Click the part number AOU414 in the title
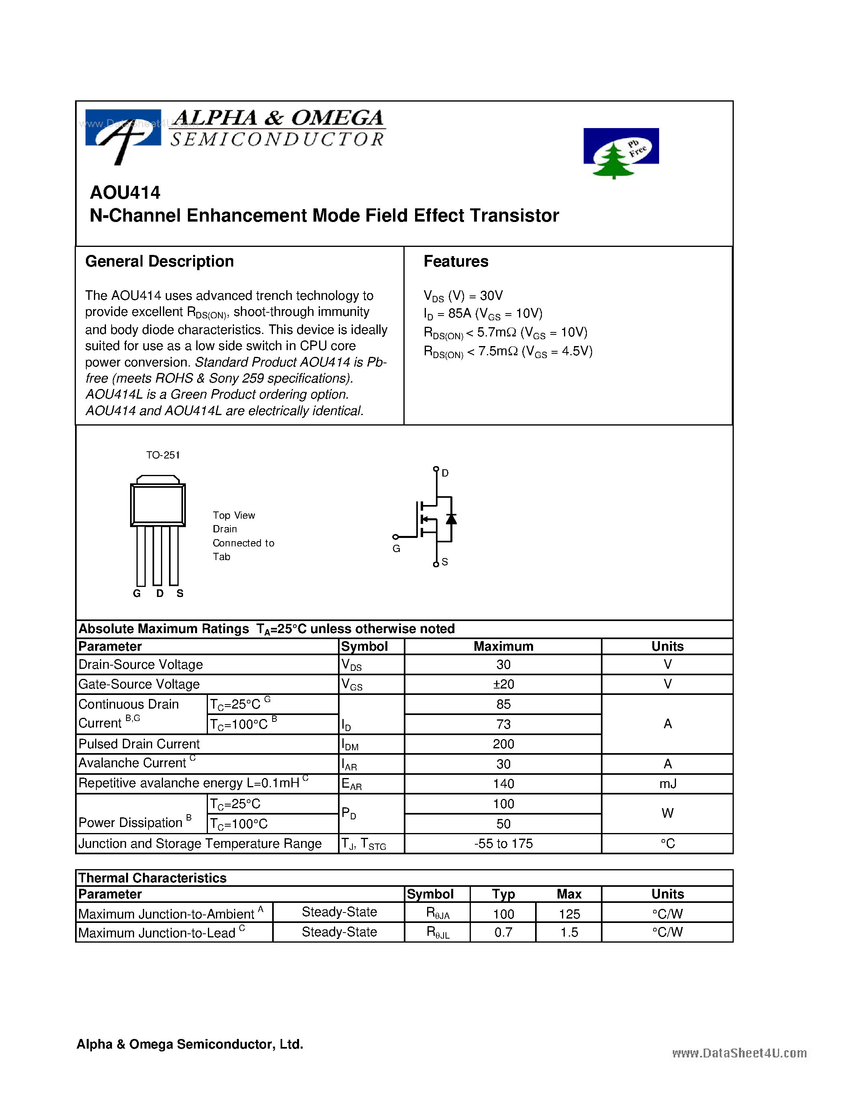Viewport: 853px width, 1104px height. coord(125,193)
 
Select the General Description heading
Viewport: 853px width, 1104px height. coord(159,261)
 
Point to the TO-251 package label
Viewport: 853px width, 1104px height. coord(163,455)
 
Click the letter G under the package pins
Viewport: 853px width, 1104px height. coord(136,593)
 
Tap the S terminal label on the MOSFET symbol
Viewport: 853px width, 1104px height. coord(445,562)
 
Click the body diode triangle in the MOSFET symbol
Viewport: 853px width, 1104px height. coord(451,519)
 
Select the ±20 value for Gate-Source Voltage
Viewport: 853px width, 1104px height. coord(503,684)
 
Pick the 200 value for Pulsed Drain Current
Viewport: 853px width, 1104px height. coord(503,744)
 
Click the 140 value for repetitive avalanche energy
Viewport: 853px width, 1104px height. coord(503,784)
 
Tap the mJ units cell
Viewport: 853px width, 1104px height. coord(667,784)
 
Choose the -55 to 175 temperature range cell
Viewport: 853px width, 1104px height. coord(503,844)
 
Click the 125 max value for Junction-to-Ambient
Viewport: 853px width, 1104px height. coord(569,914)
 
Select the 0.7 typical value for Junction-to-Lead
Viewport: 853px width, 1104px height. coord(503,933)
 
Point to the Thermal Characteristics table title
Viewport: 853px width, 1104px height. coord(152,878)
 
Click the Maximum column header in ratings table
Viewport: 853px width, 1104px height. coord(503,646)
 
